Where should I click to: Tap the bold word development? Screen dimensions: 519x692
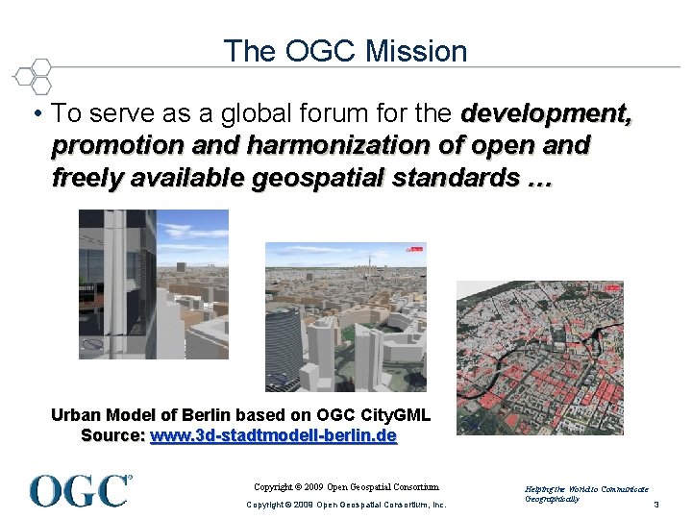click(546, 114)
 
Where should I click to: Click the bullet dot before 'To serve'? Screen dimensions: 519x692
click(36, 114)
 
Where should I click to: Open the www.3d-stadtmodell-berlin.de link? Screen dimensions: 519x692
click(274, 436)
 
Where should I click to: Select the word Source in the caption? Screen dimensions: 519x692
click(112, 436)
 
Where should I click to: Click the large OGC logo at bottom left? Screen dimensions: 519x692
click(80, 490)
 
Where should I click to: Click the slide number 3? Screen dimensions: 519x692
click(655, 505)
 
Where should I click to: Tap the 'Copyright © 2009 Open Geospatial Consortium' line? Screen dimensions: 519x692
click(345, 487)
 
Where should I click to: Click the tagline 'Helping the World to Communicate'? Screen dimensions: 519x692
click(587, 489)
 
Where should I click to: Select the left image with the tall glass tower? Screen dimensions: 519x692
click(154, 284)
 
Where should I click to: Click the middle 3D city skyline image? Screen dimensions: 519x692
click(346, 317)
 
